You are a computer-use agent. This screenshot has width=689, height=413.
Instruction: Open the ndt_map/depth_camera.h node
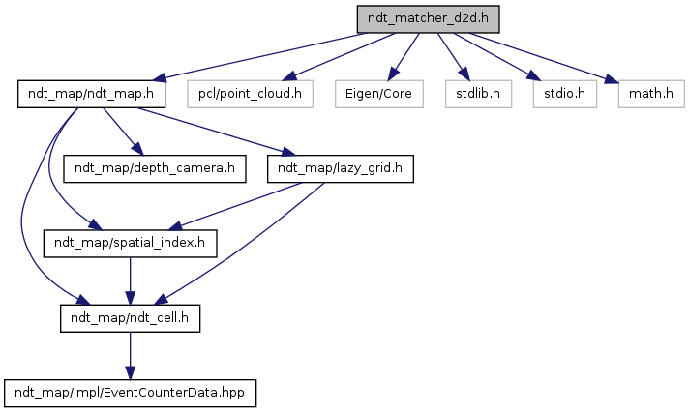(x=154, y=168)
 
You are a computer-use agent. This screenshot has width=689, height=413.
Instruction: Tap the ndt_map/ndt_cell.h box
(x=130, y=317)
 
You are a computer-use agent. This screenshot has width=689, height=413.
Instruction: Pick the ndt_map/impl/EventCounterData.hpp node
(x=132, y=392)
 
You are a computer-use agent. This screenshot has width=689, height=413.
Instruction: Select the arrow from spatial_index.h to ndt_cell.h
(x=130, y=280)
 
